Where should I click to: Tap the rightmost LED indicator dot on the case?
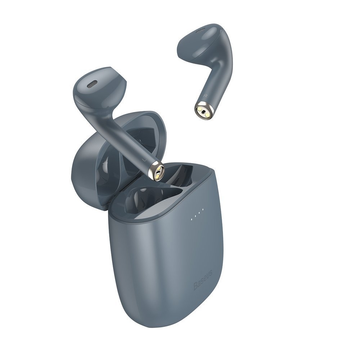(203, 209)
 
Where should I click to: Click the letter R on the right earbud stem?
(204, 96)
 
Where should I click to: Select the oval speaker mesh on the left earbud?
(92, 85)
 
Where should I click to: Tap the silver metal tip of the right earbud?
(203, 111)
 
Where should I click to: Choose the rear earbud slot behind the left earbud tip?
(180, 173)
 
